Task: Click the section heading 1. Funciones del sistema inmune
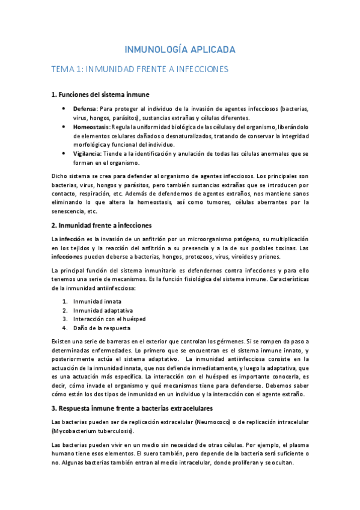point(100,94)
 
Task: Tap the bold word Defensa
point(85,109)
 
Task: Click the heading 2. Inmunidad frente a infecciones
point(101,225)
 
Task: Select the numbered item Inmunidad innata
point(97,301)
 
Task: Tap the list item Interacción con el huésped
point(109,319)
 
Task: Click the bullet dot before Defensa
point(64,109)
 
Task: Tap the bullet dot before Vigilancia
point(64,154)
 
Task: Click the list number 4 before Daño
point(64,328)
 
